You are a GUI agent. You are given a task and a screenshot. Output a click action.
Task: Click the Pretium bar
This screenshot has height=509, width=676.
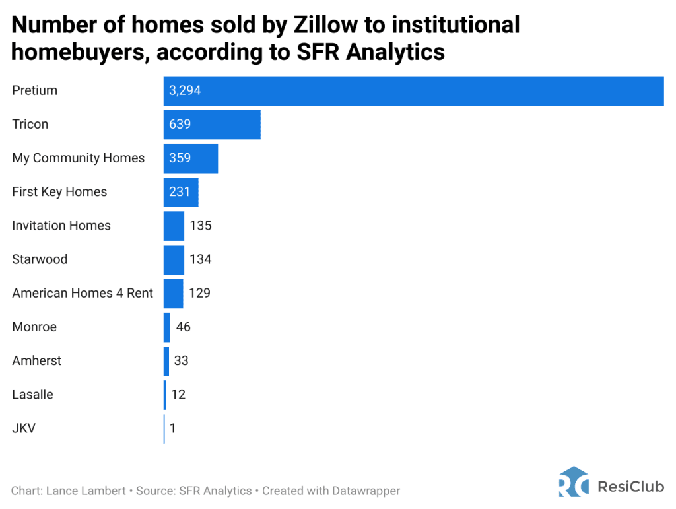point(413,90)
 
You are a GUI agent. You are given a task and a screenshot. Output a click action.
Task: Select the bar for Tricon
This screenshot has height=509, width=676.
point(224,124)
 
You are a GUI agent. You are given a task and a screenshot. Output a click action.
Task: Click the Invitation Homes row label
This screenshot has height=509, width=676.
point(61,226)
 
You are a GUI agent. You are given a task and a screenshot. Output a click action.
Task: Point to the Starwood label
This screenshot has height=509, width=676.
point(40,259)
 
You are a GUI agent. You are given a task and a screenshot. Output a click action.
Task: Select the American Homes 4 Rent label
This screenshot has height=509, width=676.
point(83,293)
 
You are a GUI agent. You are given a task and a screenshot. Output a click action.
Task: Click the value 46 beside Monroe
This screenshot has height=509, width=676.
point(183,327)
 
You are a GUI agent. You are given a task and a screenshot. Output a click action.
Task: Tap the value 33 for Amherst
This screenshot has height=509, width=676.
point(181,361)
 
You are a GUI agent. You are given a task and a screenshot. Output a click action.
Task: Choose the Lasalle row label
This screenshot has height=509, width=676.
point(32,395)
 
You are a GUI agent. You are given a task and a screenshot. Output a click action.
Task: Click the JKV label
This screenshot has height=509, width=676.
point(24,428)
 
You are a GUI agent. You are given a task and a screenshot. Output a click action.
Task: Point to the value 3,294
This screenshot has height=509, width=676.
point(185,90)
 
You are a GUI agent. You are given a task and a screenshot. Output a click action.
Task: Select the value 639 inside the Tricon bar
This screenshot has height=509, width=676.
point(180,124)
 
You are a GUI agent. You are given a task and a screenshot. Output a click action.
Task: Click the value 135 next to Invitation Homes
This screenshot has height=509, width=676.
point(200,226)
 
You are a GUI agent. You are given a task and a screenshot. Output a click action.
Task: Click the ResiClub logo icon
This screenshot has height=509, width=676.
point(573,482)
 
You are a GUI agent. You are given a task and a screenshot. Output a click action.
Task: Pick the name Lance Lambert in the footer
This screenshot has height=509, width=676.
point(86,491)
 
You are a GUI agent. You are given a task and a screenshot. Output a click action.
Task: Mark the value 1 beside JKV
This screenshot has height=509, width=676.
point(172,428)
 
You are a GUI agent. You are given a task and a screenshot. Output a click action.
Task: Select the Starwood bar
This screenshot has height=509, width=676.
point(174,259)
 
